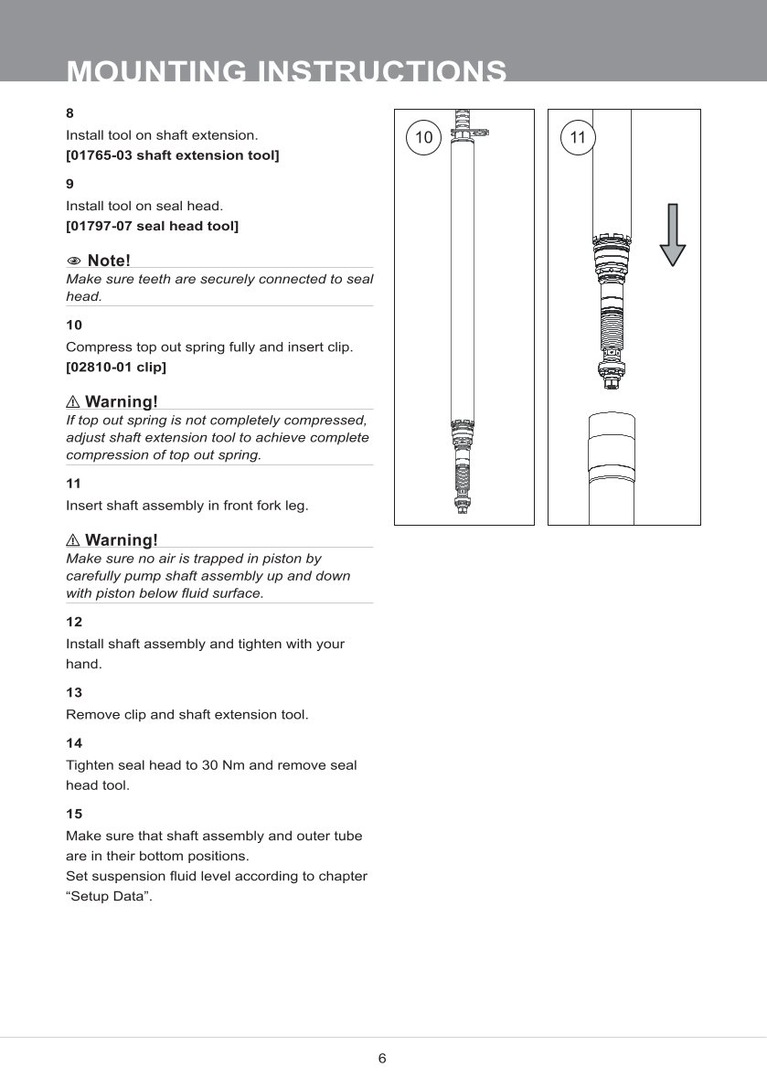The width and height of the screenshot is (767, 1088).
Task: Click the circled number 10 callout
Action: point(423,138)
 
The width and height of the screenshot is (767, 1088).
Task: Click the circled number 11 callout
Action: point(577,138)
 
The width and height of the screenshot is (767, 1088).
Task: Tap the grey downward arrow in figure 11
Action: point(673,234)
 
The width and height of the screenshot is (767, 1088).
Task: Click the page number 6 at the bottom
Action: point(382,1059)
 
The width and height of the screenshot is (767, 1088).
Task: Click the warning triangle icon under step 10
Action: point(74,402)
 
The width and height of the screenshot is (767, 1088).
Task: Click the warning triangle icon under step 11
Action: point(74,540)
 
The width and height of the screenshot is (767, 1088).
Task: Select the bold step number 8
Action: point(70,114)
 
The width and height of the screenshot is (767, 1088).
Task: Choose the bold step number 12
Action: point(74,622)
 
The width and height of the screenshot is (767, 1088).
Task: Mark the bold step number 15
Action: point(74,813)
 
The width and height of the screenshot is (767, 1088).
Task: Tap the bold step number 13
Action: point(74,692)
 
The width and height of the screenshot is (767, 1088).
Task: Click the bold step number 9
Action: point(70,184)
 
